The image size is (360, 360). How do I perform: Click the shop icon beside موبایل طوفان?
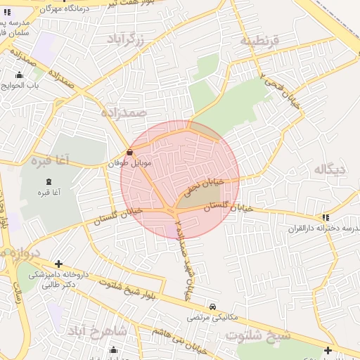pyautogui.click(x=129, y=152)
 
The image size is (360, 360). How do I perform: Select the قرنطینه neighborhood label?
pyautogui.click(x=259, y=41)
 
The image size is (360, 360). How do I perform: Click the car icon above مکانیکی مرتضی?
pyautogui.click(x=212, y=307)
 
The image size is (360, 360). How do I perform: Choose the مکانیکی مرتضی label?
pyautogui.click(x=212, y=318)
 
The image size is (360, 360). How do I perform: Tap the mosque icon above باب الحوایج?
pyautogui.click(x=18, y=75)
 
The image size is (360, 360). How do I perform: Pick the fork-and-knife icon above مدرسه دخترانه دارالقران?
pyautogui.click(x=325, y=218)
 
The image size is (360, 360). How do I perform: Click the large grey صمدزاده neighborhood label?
pyautogui.click(x=122, y=112)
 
